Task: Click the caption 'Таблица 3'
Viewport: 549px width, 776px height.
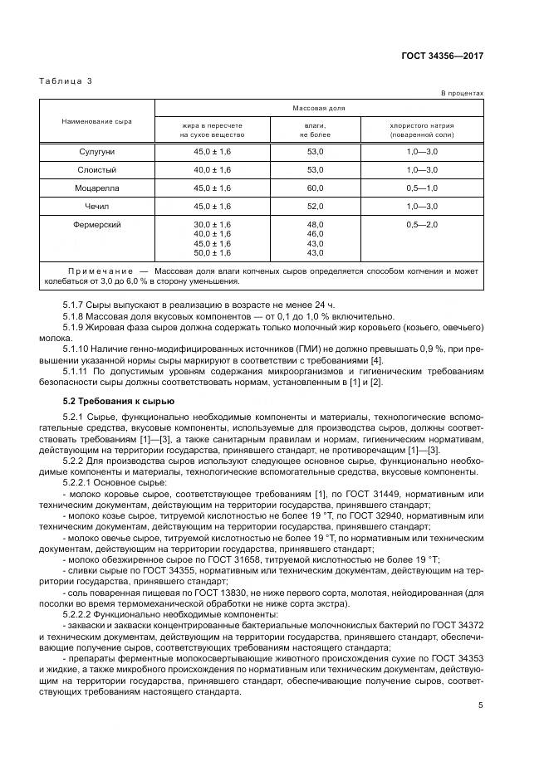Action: [65, 81]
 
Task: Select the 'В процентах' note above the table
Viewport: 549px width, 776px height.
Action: [462, 94]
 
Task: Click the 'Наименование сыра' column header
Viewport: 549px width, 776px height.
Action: [96, 121]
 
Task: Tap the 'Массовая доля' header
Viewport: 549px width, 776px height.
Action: [319, 108]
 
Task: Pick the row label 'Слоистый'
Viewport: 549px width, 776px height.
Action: [96, 169]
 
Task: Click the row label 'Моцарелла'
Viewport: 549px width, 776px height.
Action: [96, 188]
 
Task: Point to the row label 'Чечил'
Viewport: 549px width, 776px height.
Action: [96, 207]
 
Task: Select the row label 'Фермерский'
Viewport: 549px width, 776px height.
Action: [96, 225]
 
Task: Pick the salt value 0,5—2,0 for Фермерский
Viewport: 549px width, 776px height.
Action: [421, 225]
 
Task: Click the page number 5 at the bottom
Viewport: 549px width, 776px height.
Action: [481, 706]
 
